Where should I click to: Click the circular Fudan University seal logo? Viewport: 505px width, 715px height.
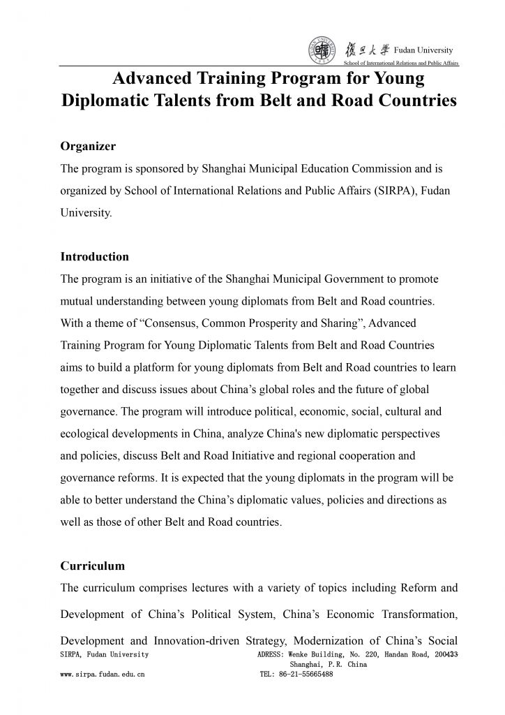(320, 51)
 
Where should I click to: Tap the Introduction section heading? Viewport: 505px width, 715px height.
(95, 257)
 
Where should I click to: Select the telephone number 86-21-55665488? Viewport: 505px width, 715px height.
(306, 675)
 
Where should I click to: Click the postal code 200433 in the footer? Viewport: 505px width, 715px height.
(444, 654)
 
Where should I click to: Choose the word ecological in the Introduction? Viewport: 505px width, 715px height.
(86, 434)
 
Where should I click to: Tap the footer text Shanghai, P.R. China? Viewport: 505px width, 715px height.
(328, 665)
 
